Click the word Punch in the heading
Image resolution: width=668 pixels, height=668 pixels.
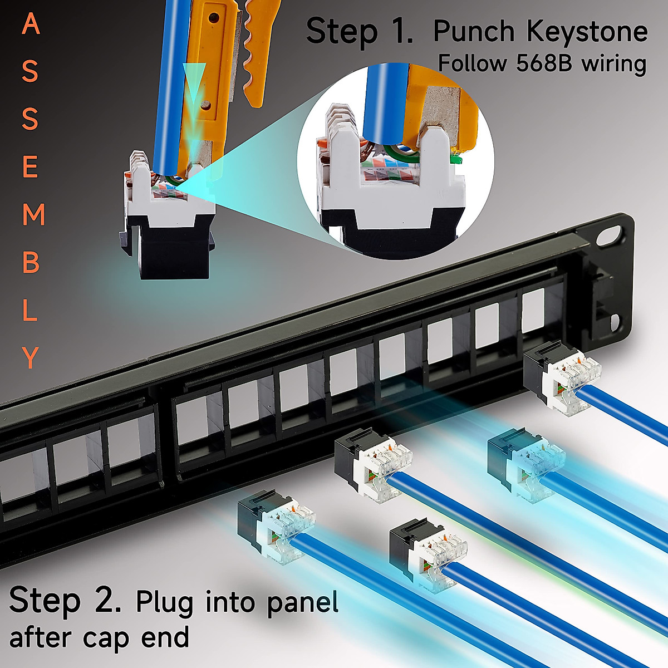(x=474, y=32)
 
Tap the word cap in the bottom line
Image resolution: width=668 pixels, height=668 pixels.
(x=106, y=638)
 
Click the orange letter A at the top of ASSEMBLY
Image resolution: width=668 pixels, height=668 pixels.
(x=31, y=25)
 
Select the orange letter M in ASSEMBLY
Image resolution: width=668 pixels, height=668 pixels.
(x=33, y=215)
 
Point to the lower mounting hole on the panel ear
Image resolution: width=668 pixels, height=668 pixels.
(x=615, y=322)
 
